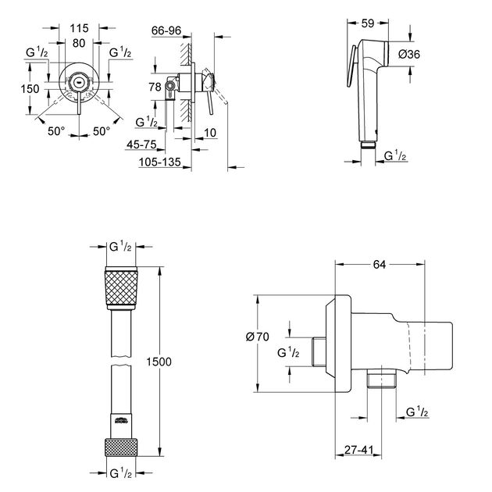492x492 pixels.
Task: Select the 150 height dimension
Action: click(30, 88)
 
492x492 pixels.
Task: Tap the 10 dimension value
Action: click(210, 132)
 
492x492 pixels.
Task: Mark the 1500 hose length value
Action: click(159, 362)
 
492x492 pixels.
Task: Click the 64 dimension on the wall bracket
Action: click(379, 265)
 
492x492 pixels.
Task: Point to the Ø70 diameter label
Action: click(257, 337)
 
